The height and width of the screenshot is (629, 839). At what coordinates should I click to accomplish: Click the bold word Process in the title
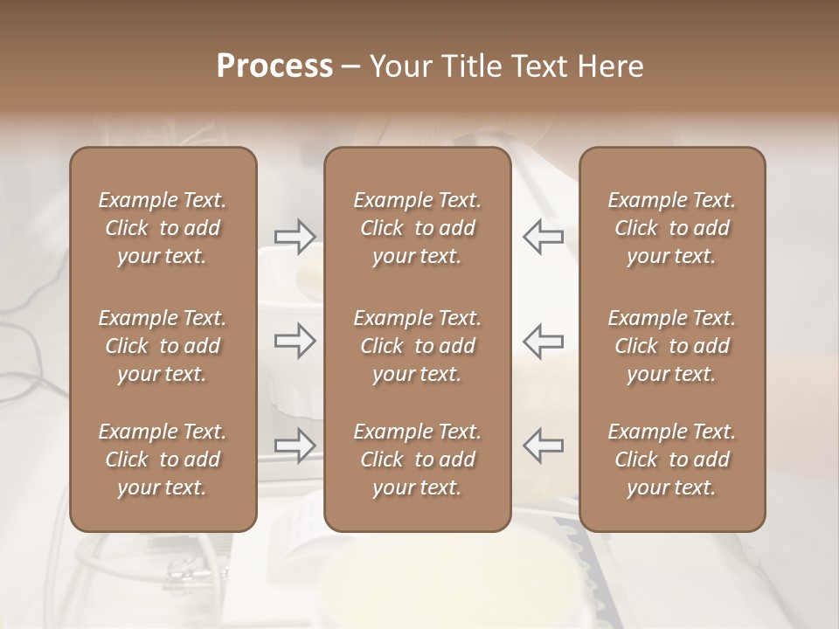point(274,66)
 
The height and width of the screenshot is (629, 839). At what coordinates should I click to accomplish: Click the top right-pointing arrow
point(295,237)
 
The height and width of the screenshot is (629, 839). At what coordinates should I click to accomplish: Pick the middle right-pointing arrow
point(295,341)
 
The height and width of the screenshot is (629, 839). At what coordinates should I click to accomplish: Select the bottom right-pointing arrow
point(295,445)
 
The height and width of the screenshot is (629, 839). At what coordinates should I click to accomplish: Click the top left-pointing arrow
point(543,237)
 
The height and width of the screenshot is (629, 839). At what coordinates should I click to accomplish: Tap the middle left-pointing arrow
point(543,341)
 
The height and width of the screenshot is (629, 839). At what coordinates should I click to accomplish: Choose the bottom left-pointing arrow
point(543,445)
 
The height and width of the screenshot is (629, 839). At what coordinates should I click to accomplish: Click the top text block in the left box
point(163,228)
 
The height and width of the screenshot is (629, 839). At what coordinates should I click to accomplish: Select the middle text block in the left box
point(163,346)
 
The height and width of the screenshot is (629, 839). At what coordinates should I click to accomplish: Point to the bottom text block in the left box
point(163,460)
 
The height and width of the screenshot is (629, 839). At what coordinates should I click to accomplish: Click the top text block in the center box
point(418,228)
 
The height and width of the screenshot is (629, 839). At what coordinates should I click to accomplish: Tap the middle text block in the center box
point(418,346)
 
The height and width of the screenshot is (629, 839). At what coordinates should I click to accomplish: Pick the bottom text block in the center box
point(418,460)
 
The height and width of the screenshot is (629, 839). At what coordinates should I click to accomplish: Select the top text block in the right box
point(672,228)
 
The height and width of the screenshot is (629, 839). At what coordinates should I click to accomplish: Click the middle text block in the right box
point(672,346)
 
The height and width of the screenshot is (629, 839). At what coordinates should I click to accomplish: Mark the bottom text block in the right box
point(672,460)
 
